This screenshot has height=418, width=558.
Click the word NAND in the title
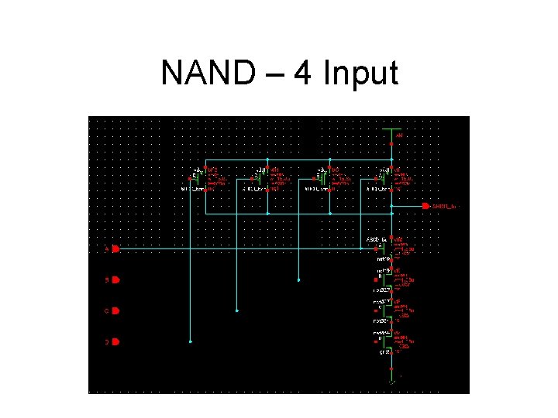[x=204, y=74]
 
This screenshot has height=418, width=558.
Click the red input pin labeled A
[x=115, y=249]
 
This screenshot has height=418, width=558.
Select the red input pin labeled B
[x=115, y=280]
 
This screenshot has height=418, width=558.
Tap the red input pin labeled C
[x=115, y=311]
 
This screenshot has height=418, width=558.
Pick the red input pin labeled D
[x=115, y=341]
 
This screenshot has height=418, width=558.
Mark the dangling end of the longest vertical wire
[x=190, y=341]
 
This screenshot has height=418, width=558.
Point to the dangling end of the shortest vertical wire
[x=299, y=279]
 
